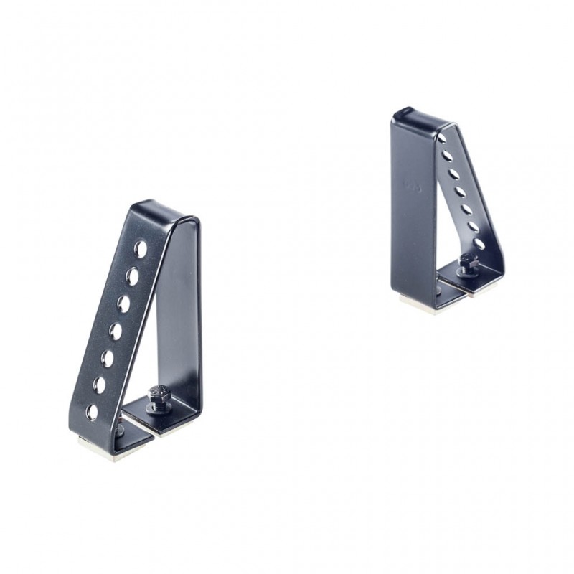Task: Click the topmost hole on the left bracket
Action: click(141, 248)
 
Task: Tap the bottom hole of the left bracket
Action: click(92, 412)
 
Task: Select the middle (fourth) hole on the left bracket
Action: click(116, 331)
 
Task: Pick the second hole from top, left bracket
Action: click(133, 276)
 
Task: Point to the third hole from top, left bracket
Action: click(124, 304)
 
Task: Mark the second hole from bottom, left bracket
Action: click(100, 385)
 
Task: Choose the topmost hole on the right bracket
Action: click(442, 138)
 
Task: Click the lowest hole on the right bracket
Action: click(479, 244)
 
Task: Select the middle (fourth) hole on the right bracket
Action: click(458, 192)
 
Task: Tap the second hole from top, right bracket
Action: click(448, 156)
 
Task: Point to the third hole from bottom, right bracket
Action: click(466, 209)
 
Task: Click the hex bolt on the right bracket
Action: click(467, 263)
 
